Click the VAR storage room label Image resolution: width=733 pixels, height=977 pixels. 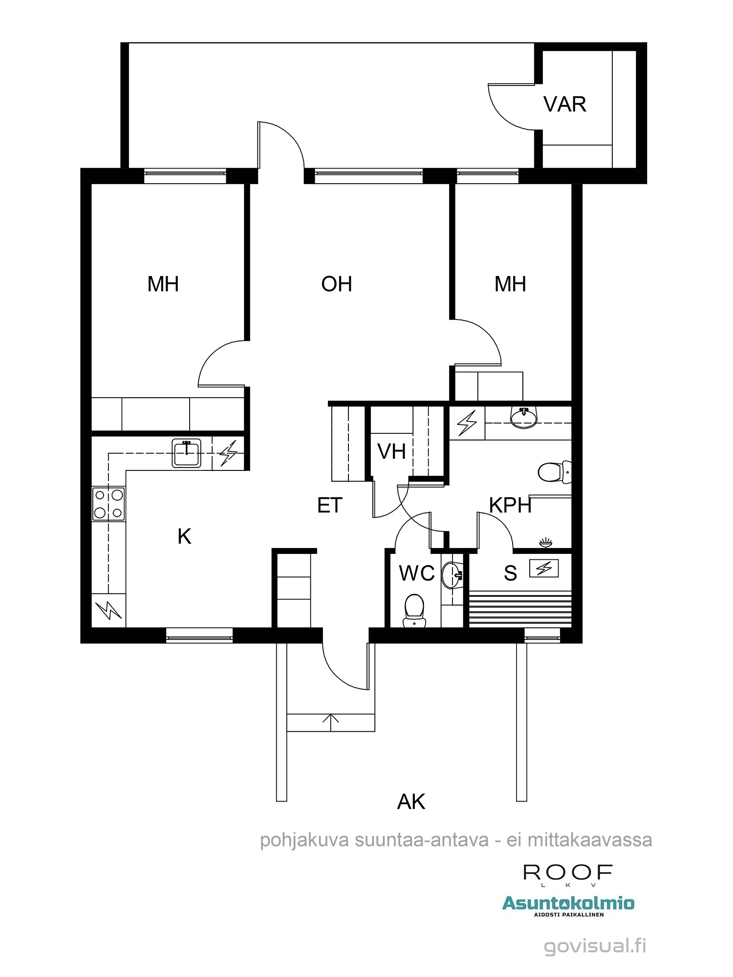tap(564, 105)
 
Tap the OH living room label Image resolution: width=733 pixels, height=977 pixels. tap(337, 284)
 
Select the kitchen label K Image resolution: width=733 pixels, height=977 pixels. tap(184, 536)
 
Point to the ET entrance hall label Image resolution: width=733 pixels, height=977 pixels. tap(330, 506)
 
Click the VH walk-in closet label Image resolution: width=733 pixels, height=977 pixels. tap(391, 452)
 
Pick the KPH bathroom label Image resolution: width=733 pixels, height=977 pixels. tap(510, 506)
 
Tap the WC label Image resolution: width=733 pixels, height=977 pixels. tap(417, 573)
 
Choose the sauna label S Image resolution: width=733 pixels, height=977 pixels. tap(511, 573)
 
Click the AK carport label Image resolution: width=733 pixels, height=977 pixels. tap(411, 802)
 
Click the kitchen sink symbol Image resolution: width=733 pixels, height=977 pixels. tap(186, 453)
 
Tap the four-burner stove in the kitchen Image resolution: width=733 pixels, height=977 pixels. tap(108, 504)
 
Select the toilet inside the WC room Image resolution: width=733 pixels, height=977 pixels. tap(414, 610)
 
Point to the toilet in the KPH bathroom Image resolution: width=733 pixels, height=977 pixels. tap(555, 472)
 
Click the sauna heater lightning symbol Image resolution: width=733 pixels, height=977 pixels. tap(544, 568)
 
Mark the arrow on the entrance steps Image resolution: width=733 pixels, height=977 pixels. tap(331, 722)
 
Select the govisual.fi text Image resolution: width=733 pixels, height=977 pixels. tap(595, 946)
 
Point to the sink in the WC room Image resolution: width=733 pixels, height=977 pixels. tap(452, 575)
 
